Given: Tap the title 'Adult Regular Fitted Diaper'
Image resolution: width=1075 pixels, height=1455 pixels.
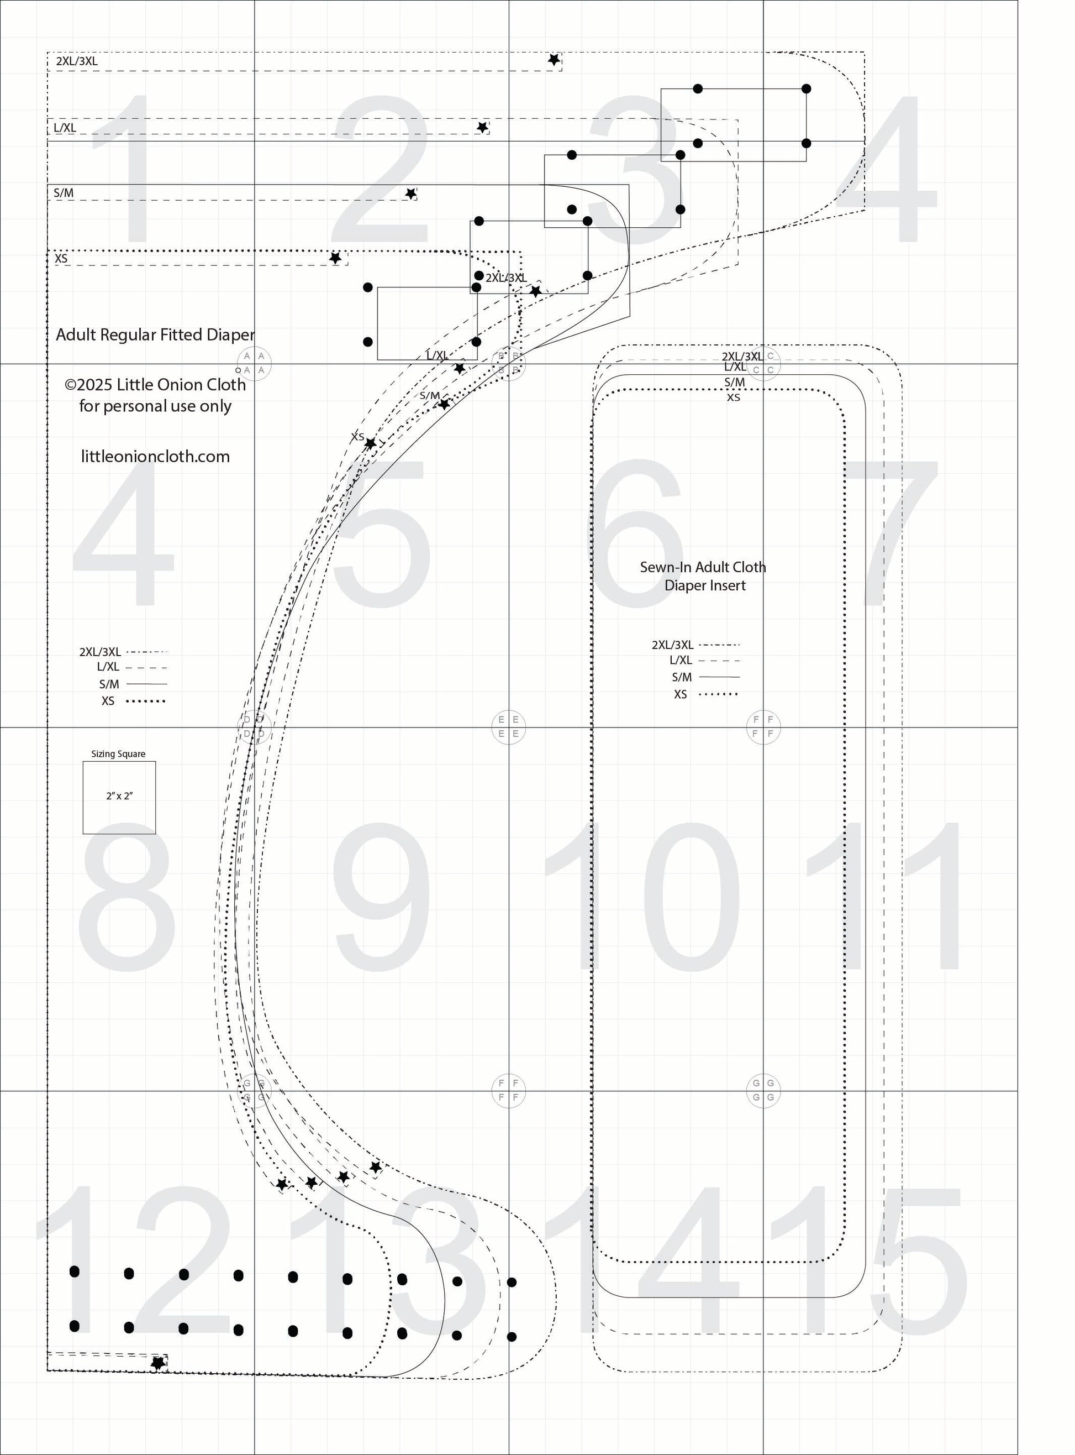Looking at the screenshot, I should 155,334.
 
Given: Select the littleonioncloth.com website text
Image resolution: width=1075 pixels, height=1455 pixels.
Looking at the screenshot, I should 156,457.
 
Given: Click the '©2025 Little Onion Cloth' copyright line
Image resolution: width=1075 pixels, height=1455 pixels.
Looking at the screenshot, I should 156,385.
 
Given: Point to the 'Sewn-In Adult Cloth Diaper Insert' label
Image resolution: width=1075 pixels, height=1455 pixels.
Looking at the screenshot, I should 703,576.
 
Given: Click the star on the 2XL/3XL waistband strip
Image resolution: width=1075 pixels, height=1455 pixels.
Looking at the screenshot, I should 554,60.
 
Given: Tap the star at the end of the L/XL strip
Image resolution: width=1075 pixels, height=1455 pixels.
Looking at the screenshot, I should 482,128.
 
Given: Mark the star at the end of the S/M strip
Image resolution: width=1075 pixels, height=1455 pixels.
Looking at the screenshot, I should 410,194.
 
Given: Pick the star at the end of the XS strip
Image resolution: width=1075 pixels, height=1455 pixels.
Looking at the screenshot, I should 335,259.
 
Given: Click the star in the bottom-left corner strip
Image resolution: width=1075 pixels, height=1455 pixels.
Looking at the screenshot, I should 157,1363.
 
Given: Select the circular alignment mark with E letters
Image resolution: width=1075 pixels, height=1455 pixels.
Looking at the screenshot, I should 508,726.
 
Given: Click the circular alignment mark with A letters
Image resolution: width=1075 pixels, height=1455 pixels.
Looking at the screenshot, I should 254,363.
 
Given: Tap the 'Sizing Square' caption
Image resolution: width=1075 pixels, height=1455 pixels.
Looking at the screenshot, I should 118,754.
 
